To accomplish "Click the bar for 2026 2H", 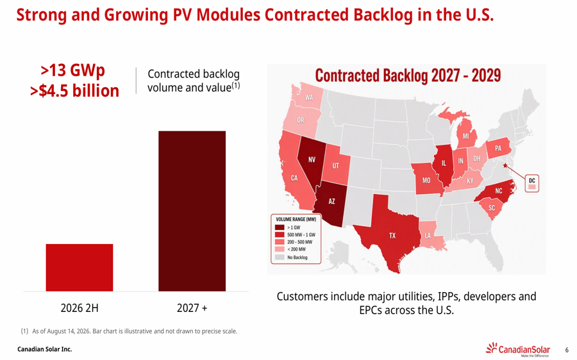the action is click(79, 267).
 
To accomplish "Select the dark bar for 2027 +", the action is click(192, 211).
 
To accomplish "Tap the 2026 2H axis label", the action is click(79, 307).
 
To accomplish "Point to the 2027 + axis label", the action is click(192, 307).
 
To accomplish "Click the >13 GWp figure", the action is click(73, 70).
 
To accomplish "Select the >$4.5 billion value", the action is click(75, 91).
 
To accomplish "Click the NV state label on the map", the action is click(312, 160).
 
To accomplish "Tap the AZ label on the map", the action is click(331, 201).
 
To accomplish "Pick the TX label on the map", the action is click(392, 235).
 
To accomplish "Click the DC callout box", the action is click(531, 183).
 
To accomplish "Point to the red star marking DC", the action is click(506, 165).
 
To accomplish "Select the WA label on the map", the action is click(309, 97).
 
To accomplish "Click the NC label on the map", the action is click(499, 191).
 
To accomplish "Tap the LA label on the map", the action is click(428, 235).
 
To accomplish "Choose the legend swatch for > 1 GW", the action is click(280, 227).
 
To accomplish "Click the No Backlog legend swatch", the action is click(280, 258).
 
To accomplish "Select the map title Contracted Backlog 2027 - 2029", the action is click(408, 76).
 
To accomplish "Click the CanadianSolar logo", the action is click(518, 349).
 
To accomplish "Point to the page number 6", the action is click(567, 350).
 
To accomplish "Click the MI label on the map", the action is click(466, 136).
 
